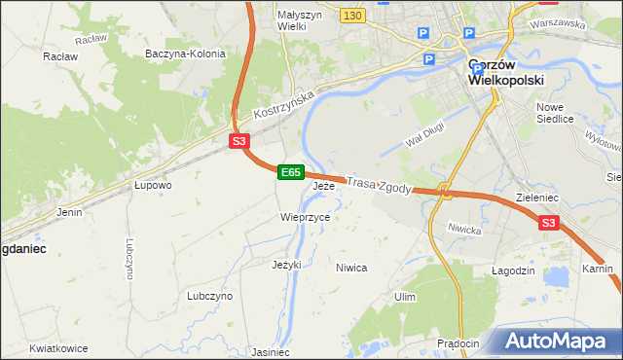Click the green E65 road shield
(x=290, y=172)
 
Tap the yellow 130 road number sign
(x=352, y=15)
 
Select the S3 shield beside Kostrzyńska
(x=239, y=141)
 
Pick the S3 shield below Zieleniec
(x=549, y=224)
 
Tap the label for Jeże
(x=324, y=185)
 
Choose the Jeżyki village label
(x=286, y=264)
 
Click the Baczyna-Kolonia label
(x=185, y=54)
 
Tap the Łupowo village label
(x=154, y=184)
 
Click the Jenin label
(x=69, y=211)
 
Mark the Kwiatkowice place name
(x=58, y=348)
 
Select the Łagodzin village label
(x=514, y=270)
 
